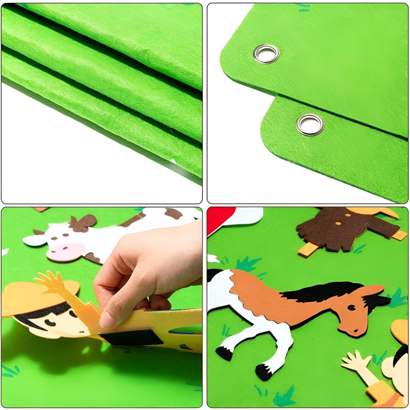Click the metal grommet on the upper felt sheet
pos(266,54)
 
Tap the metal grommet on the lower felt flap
pos(310,124)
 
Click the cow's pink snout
pos(66,251)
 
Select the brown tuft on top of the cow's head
pos(82,223)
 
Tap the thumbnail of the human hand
pos(107,320)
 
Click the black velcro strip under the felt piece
pos(131,337)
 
